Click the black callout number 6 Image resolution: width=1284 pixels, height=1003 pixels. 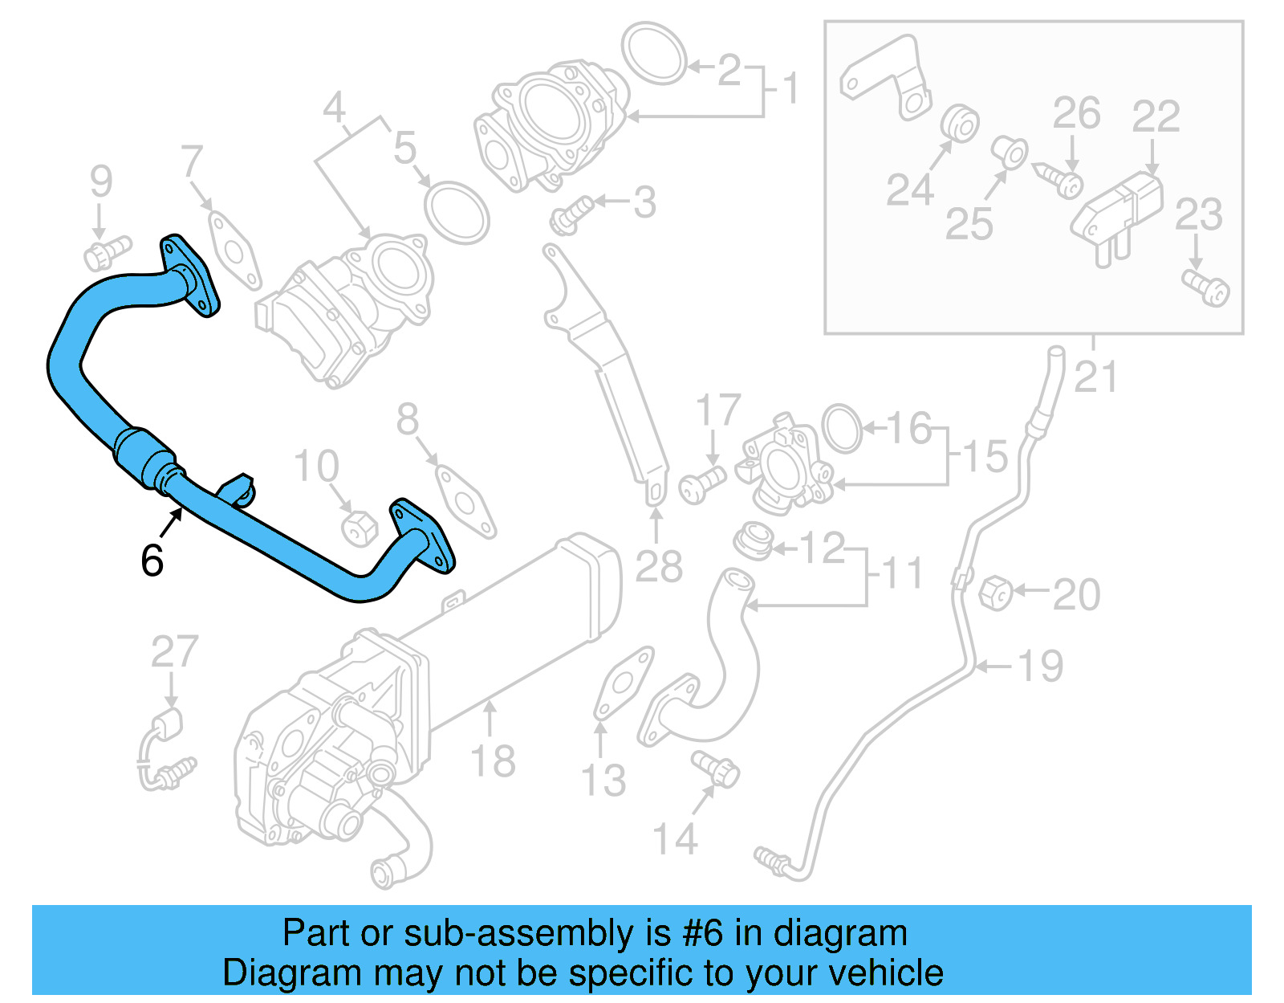click(152, 561)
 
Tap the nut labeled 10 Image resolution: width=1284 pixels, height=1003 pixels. click(359, 528)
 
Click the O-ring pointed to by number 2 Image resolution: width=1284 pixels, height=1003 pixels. click(656, 53)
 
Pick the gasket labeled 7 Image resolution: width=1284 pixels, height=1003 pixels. click(234, 251)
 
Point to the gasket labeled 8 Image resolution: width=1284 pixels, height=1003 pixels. click(465, 502)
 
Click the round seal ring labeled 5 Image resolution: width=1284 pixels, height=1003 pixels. click(456, 213)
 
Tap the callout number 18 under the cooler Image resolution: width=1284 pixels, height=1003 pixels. click(492, 760)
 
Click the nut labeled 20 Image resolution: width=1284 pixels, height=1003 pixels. click(996, 593)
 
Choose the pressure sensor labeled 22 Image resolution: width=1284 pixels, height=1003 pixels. click(1119, 211)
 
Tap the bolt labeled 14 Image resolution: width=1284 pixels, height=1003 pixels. click(716, 768)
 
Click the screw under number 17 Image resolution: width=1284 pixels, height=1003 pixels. click(701, 484)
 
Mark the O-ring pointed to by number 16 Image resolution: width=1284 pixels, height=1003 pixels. click(842, 428)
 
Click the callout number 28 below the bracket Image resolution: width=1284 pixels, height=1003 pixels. click(658, 566)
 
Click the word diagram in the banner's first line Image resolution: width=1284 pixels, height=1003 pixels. click(839, 933)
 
